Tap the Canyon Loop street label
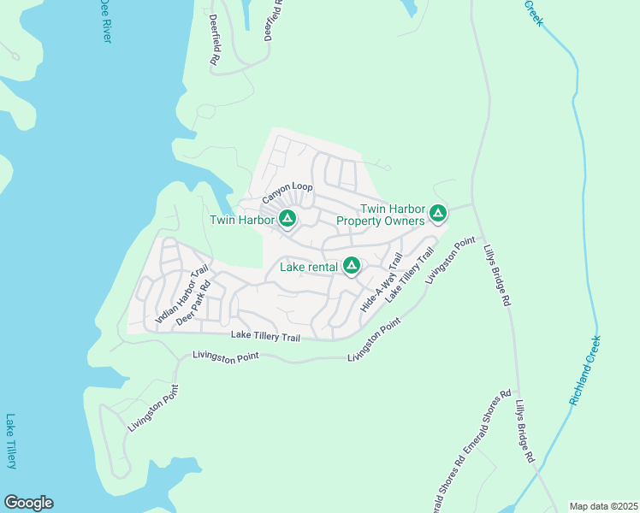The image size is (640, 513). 287,192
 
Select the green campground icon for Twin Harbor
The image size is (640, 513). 288,220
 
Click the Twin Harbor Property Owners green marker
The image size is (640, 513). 438,213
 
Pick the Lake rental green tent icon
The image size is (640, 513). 351,267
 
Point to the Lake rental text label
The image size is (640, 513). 309,268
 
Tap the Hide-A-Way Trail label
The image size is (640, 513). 382,282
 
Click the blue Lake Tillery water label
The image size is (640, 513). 11,441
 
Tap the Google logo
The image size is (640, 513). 28,503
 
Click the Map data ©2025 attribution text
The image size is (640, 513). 603,506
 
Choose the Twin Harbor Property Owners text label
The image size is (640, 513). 381,215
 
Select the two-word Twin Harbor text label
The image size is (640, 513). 242,221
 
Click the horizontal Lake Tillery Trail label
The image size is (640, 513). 266,337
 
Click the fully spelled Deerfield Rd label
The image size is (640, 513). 215,44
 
